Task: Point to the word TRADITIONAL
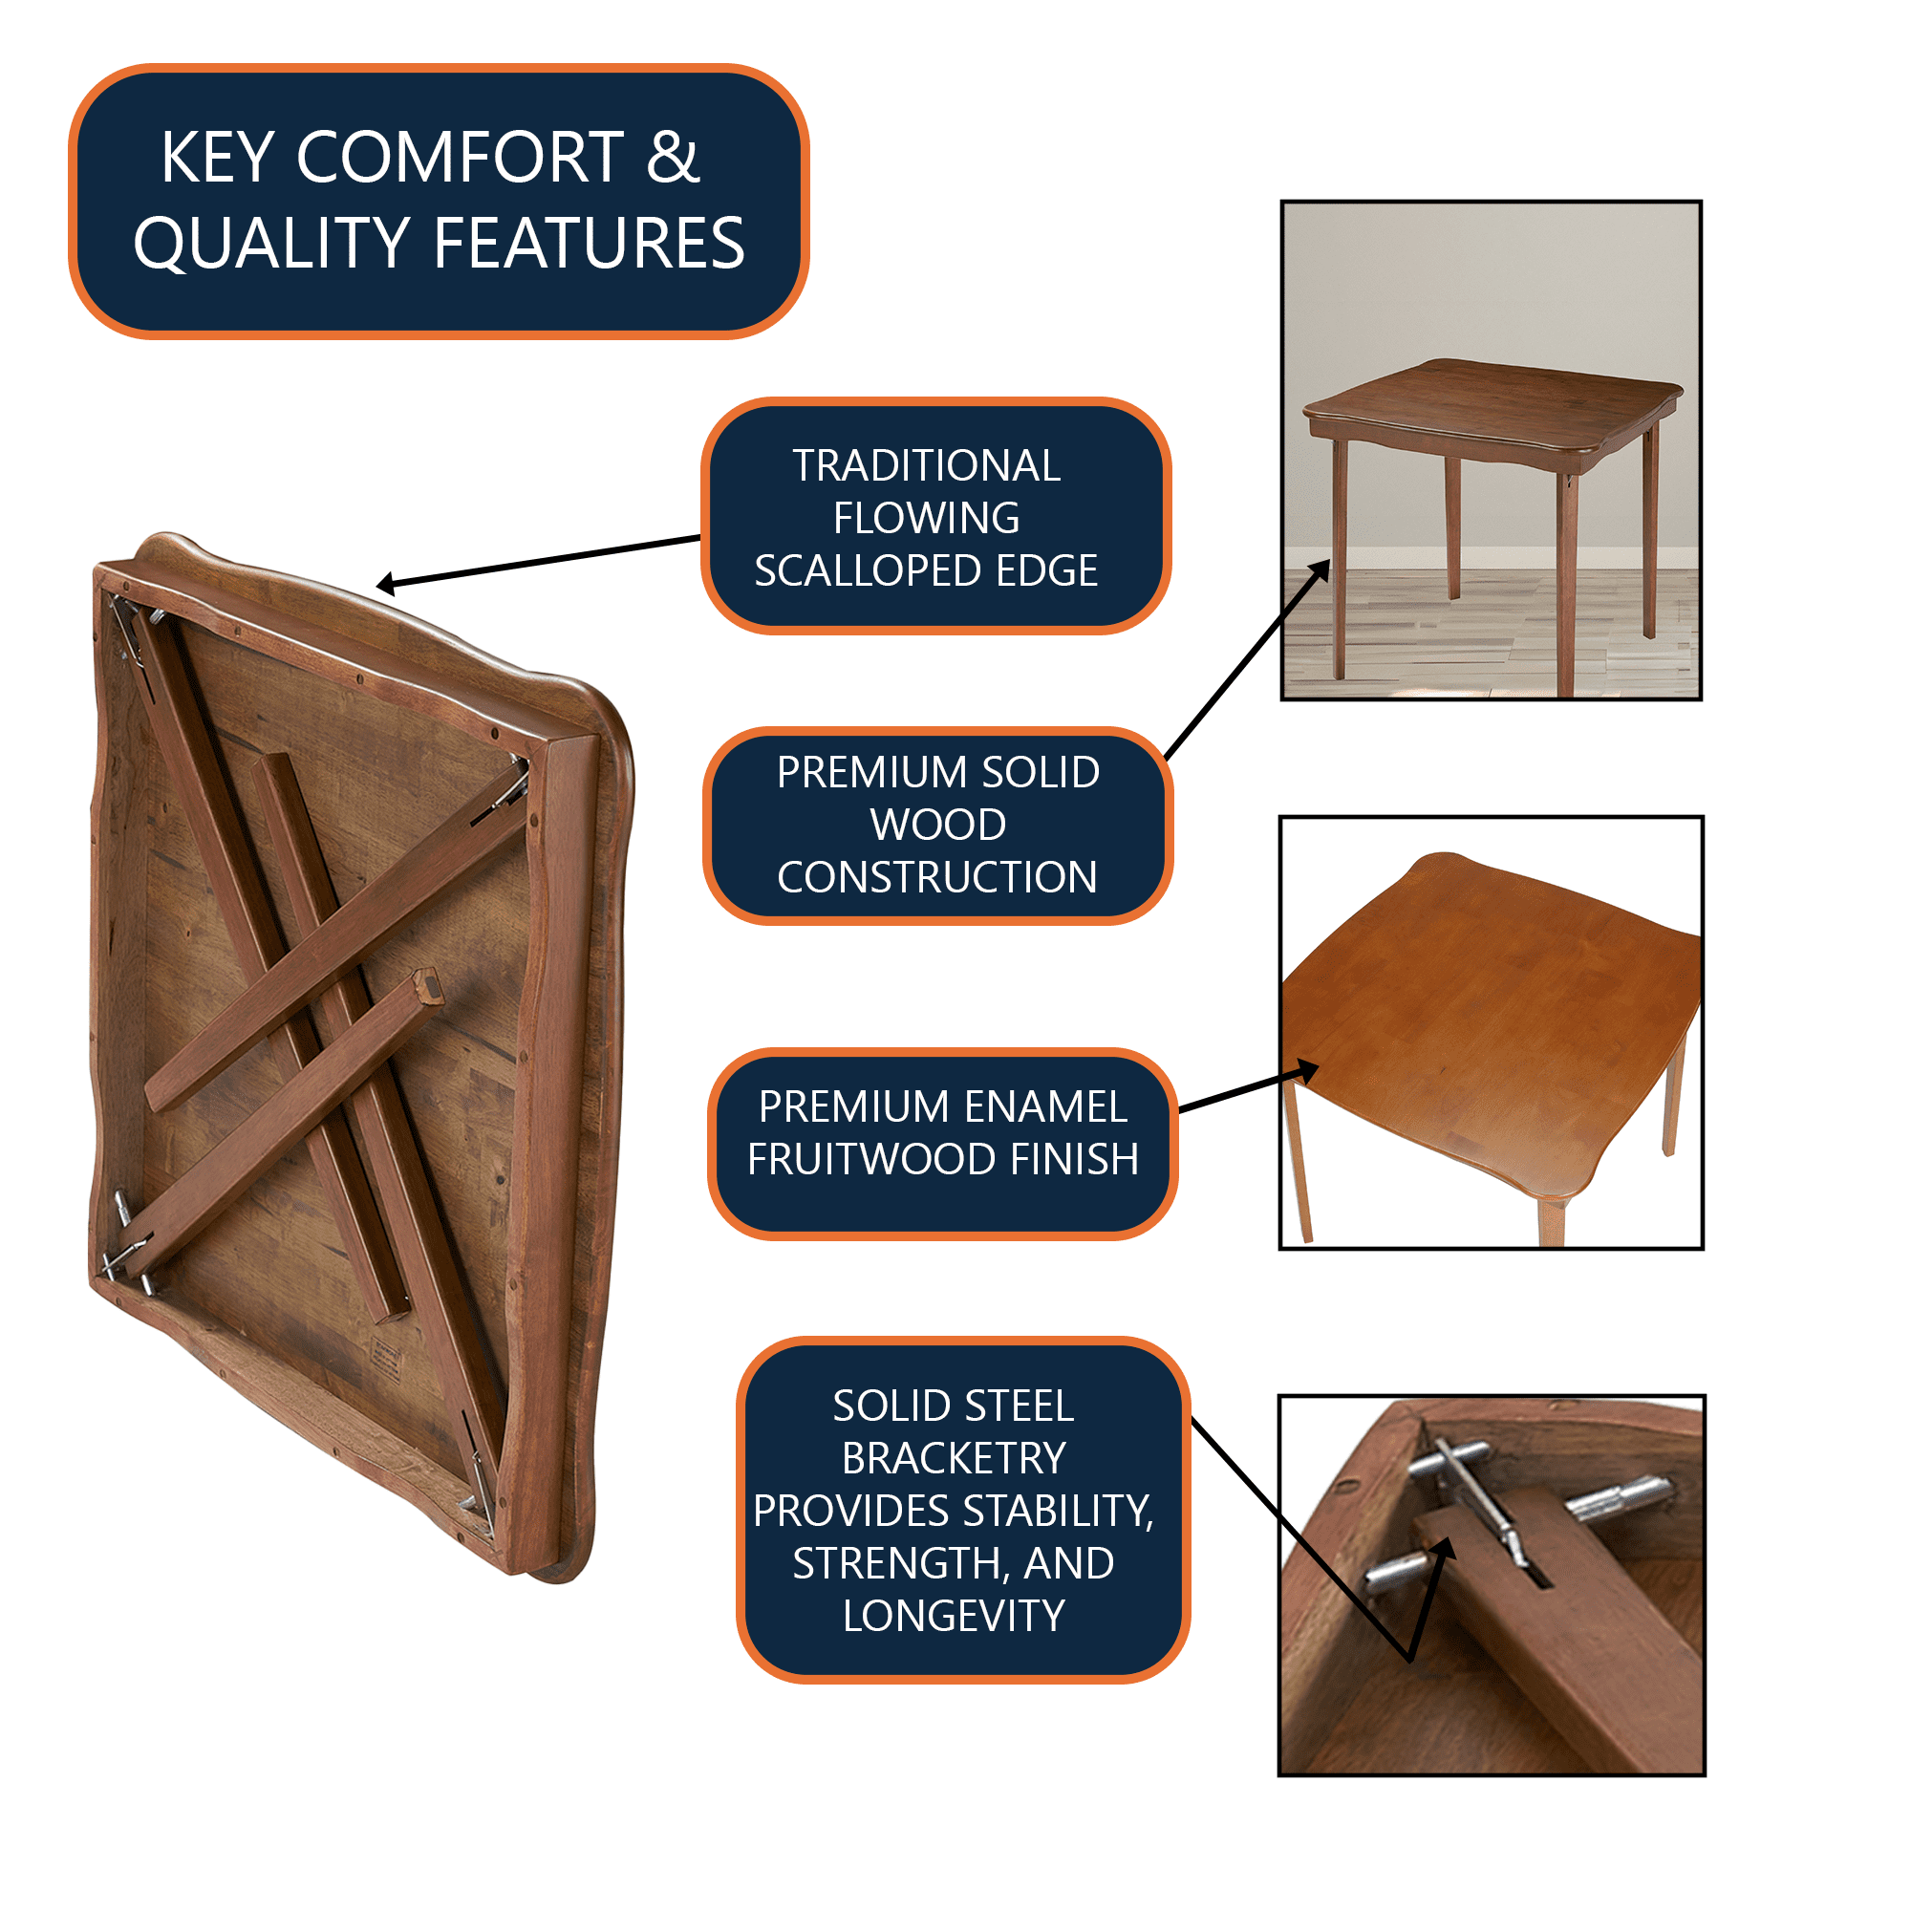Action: (x=926, y=465)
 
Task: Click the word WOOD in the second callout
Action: (x=937, y=824)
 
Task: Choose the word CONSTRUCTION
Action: (x=936, y=876)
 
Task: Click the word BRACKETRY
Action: (x=953, y=1458)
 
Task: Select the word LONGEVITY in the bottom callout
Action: (x=953, y=1615)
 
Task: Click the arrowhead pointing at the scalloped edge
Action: (x=386, y=584)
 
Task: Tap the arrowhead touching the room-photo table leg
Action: (x=1320, y=570)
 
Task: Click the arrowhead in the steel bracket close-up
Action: (x=1445, y=1550)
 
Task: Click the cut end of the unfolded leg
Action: (x=427, y=985)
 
